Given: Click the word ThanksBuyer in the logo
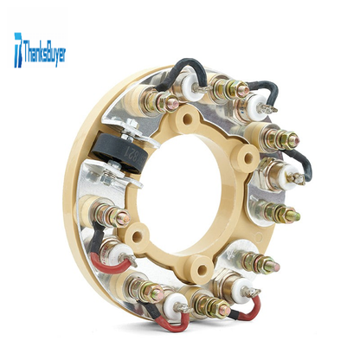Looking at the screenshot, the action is pyautogui.click(x=44, y=53).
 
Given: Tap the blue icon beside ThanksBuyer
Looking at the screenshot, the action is pyautogui.click(x=18, y=50).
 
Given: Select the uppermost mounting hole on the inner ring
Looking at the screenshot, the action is pyautogui.click(x=188, y=118).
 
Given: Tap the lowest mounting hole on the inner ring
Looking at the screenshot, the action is pyautogui.click(x=202, y=269).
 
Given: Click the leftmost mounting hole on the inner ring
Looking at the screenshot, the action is pyautogui.click(x=137, y=237).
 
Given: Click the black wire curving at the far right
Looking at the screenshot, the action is pyautogui.click(x=303, y=162).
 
